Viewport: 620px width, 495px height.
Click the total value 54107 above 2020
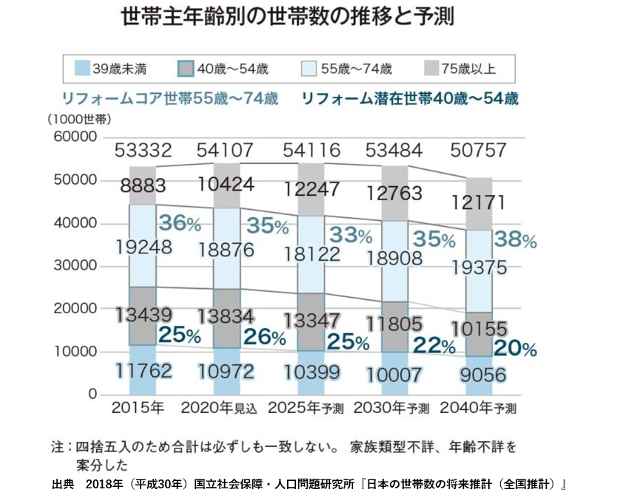point(226,151)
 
